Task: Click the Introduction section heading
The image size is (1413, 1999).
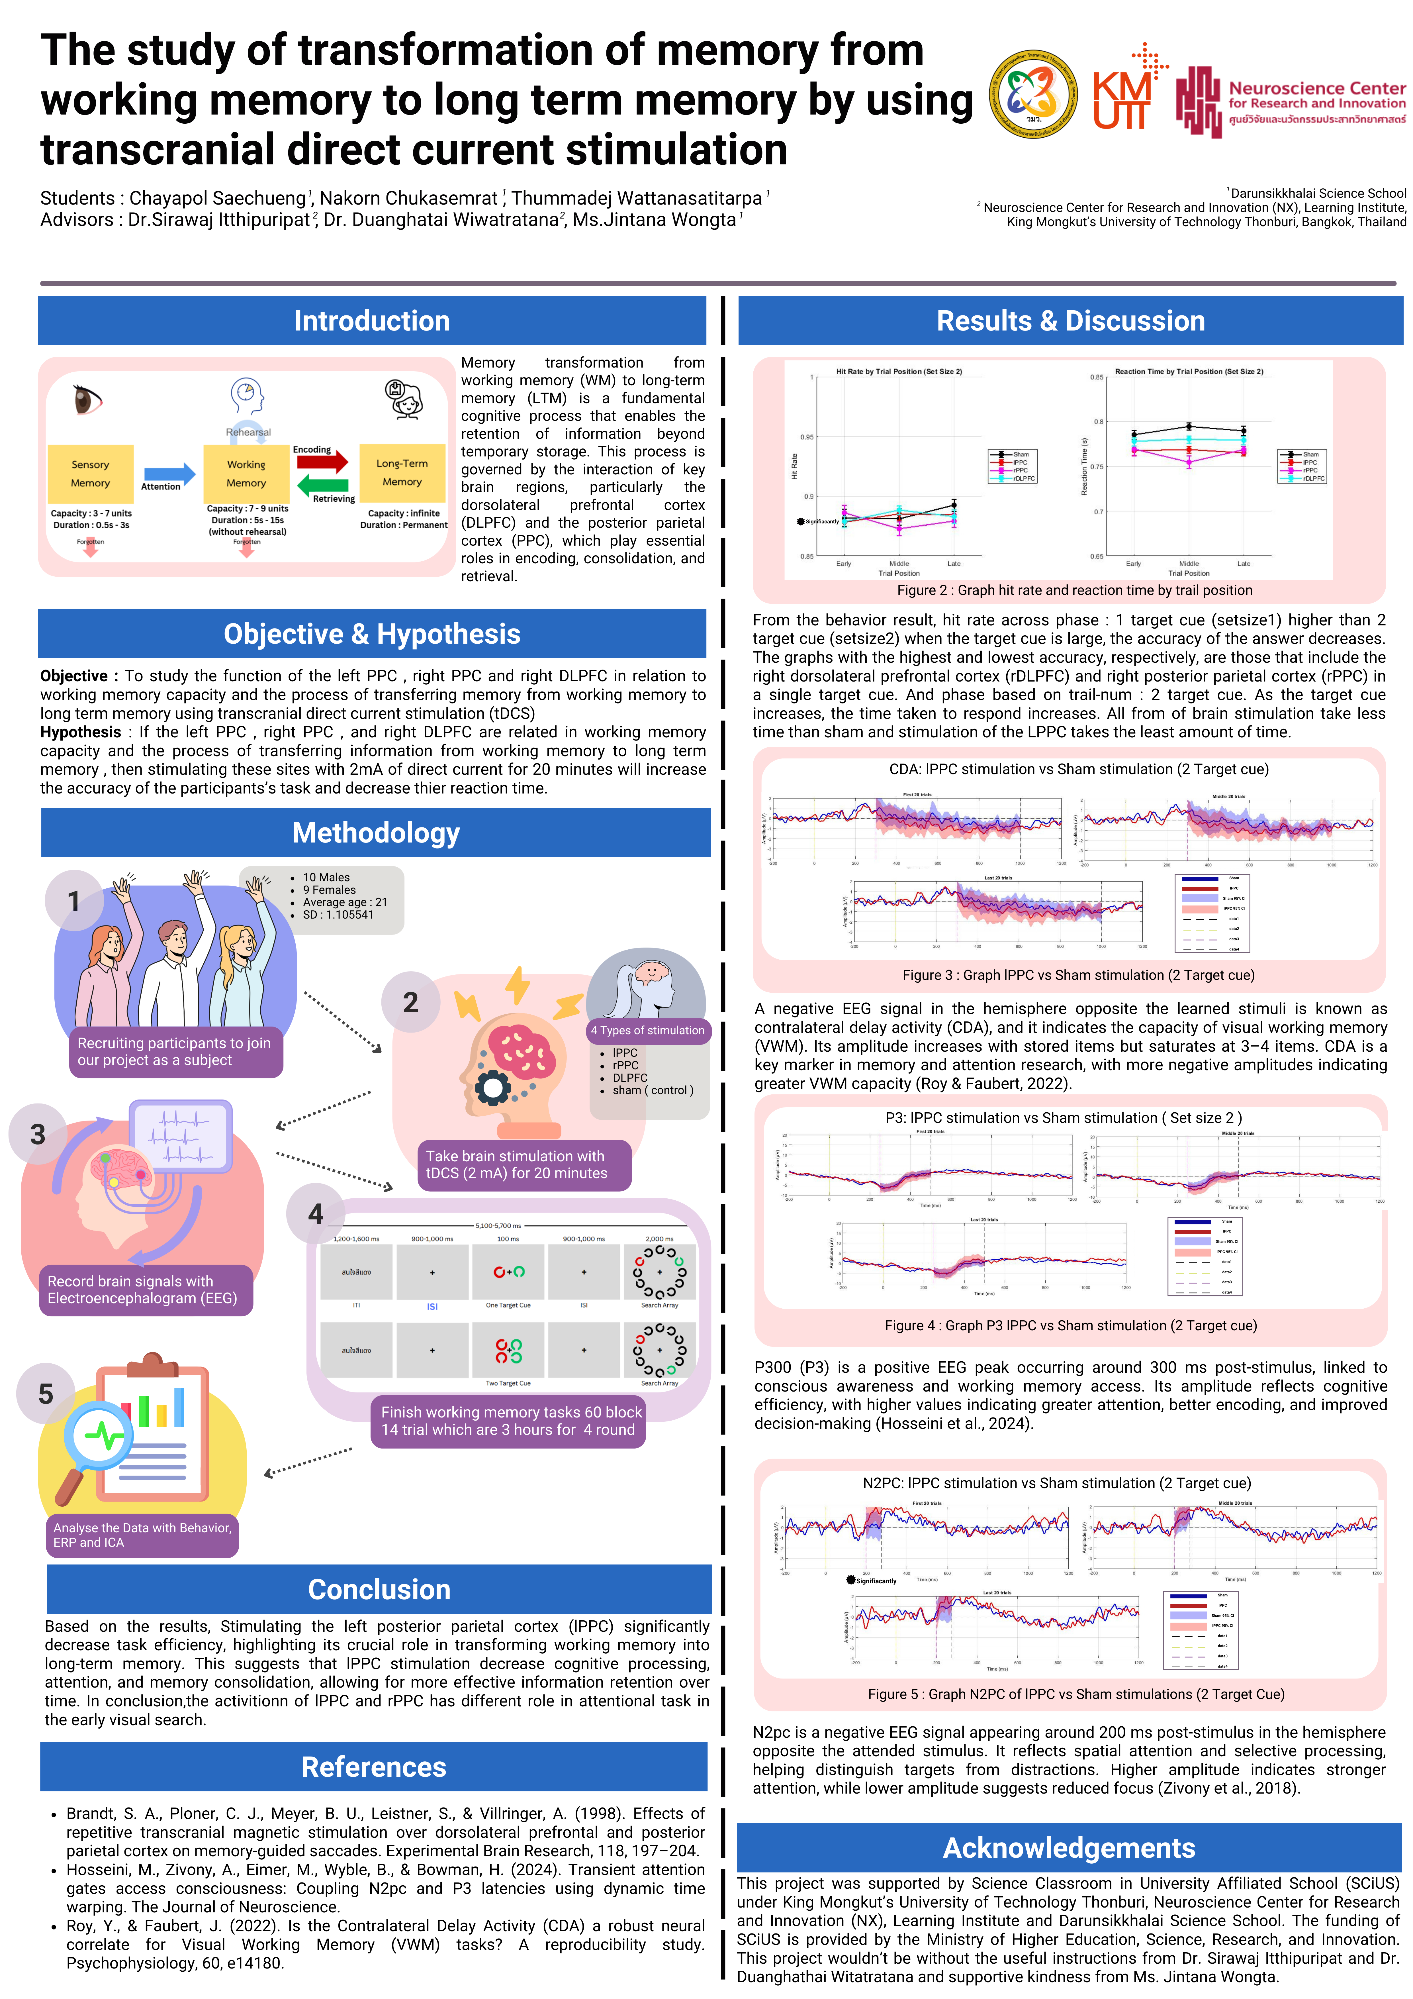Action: [372, 321]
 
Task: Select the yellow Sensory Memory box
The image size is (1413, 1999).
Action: [91, 474]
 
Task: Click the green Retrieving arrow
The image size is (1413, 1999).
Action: [322, 486]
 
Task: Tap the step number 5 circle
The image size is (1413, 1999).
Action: [45, 1394]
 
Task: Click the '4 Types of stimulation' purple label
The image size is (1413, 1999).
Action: [648, 1030]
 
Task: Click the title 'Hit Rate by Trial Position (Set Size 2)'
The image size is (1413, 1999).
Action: [898, 372]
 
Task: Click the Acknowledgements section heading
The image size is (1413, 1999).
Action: [1069, 1847]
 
